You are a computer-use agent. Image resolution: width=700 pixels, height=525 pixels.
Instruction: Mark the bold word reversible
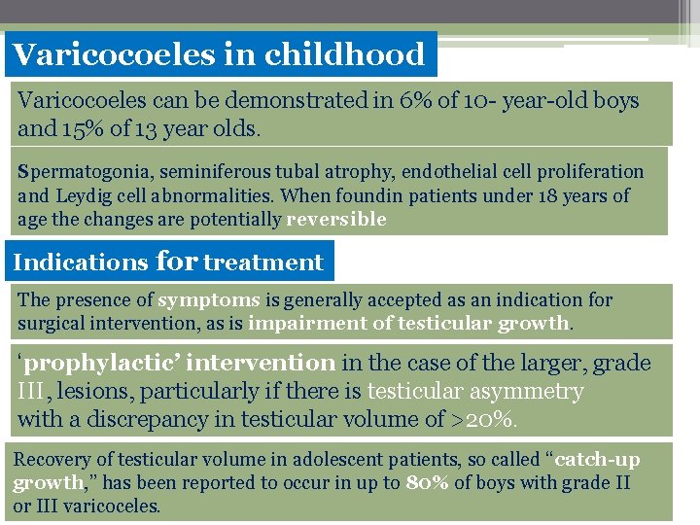(336, 220)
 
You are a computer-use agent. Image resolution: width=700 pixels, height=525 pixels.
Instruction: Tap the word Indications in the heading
(81, 262)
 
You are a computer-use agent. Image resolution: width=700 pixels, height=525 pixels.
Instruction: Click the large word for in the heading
(176, 261)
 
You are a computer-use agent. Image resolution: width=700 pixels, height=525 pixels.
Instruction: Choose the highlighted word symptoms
(209, 300)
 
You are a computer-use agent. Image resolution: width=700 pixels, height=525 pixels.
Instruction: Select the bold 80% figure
(428, 483)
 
